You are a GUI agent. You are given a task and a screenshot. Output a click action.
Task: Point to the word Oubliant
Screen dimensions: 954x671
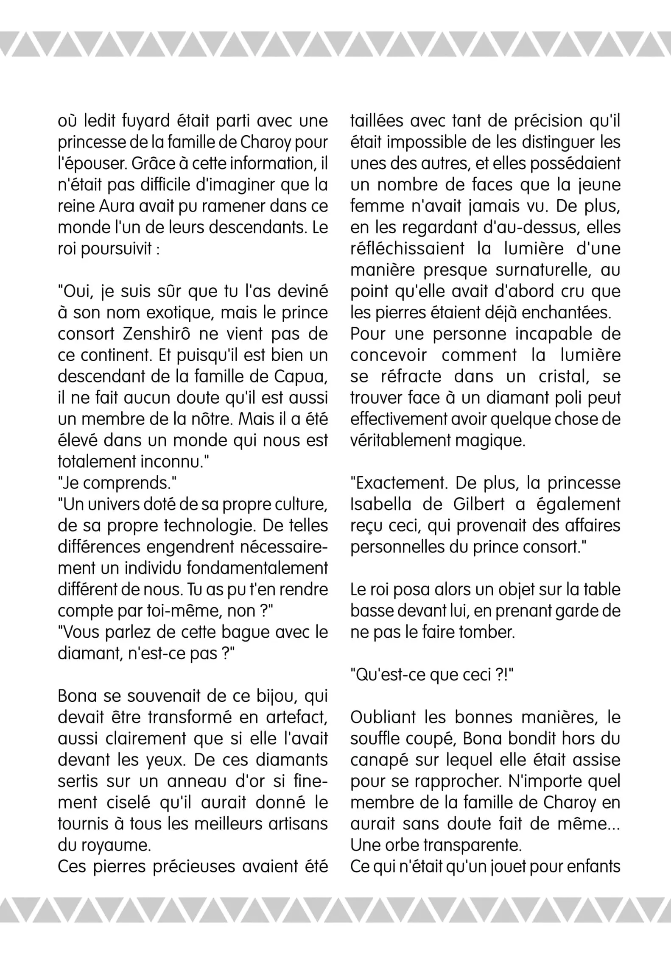tap(383, 717)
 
